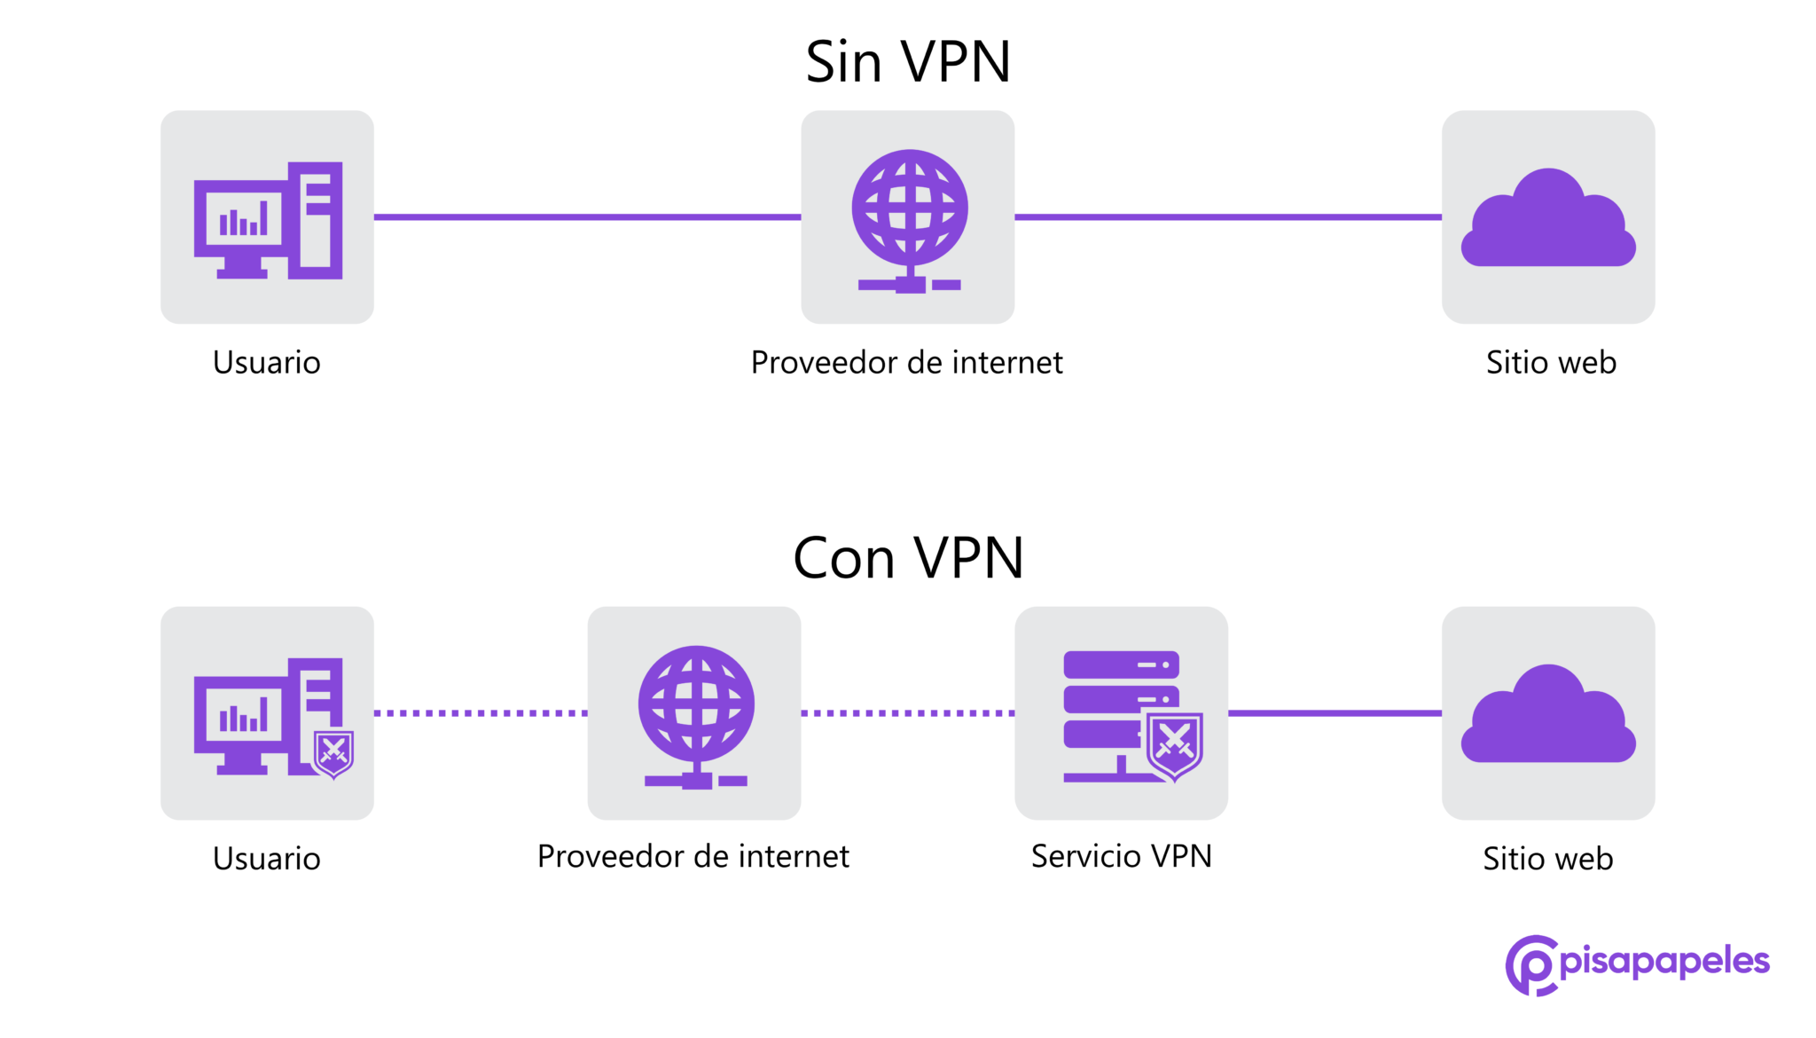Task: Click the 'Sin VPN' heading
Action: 908,62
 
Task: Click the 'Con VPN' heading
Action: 908,558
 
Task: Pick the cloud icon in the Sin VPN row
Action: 1548,221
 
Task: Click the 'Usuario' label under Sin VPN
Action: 267,363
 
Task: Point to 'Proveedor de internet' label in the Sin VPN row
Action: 906,363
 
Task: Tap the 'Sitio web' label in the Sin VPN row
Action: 1551,363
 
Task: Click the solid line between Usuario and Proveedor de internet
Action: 587,216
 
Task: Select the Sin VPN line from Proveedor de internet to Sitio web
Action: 1228,216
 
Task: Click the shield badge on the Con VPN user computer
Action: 334,753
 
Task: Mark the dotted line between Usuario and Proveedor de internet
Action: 481,712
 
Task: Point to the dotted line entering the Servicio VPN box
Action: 908,712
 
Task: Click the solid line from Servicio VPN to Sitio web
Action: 1335,712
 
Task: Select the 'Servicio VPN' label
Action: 1121,856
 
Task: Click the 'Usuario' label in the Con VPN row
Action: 267,859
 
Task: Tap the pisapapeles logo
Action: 1637,964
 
